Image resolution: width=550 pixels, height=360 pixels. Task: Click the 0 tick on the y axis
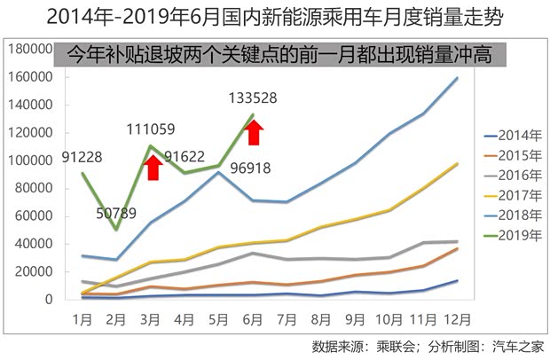click(51, 300)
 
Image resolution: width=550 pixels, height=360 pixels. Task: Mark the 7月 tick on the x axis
click(283, 317)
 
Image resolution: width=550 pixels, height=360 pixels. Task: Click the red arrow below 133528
click(255, 132)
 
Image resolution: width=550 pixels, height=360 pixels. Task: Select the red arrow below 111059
click(152, 166)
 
